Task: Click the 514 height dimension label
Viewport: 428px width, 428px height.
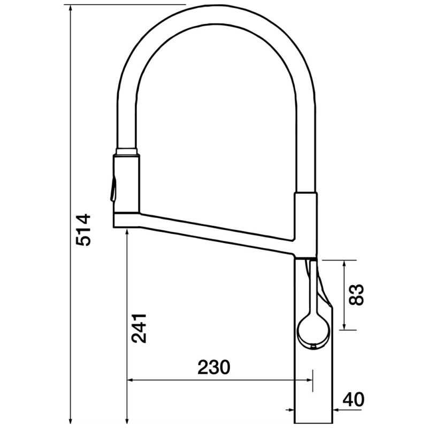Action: pyautogui.click(x=83, y=230)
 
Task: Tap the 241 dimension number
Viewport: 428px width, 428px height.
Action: pyautogui.click(x=139, y=328)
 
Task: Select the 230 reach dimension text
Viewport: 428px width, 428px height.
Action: pyautogui.click(x=213, y=367)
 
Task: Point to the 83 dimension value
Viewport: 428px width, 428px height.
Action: pyautogui.click(x=356, y=295)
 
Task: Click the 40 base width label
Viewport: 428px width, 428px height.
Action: pyautogui.click(x=354, y=399)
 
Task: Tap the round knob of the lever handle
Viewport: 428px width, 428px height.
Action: pyautogui.click(x=314, y=330)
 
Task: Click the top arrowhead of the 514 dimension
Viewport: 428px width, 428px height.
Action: pyautogui.click(x=71, y=8)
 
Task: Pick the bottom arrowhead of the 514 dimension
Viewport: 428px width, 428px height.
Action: pyautogui.click(x=71, y=421)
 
